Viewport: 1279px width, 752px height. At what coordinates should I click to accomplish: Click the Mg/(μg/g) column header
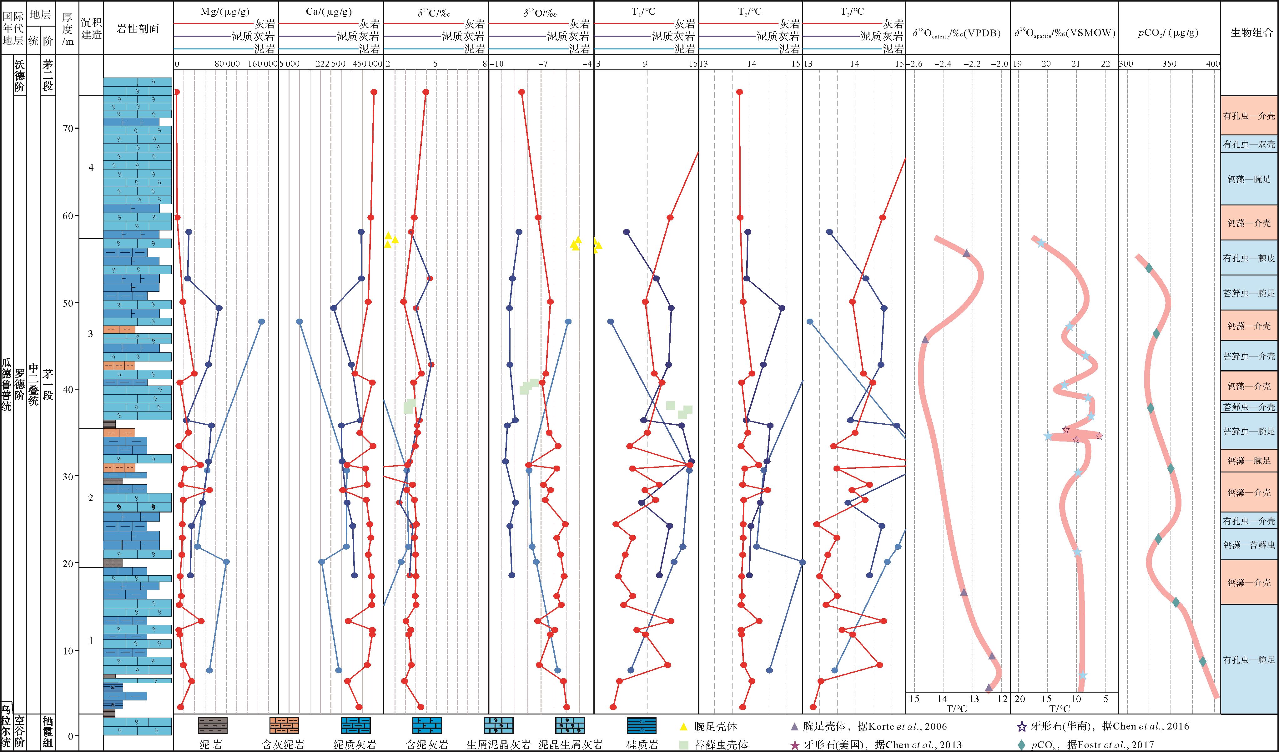click(225, 12)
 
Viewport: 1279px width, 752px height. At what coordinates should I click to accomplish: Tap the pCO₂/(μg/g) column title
click(1168, 33)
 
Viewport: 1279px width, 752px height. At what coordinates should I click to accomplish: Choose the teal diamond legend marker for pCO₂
click(1021, 745)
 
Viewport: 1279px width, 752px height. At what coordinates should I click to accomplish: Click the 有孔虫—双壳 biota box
click(1249, 144)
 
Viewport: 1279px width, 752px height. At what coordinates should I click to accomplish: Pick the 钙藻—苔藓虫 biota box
click(1249, 545)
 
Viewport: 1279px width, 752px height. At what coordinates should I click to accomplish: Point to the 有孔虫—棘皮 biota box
click(1249, 258)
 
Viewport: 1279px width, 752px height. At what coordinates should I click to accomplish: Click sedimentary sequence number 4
click(91, 168)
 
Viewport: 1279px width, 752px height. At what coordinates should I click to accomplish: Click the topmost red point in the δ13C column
click(426, 92)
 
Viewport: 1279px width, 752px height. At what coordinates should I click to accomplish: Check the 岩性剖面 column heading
click(138, 29)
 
